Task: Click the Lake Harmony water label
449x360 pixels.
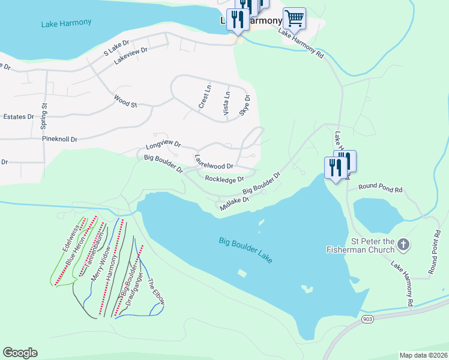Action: [x=66, y=23]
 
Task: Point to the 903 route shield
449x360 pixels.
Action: [x=368, y=320]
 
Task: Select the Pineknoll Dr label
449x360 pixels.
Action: [x=59, y=139]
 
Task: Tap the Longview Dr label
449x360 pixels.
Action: [x=163, y=145]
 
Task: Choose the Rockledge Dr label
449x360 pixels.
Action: [x=224, y=179]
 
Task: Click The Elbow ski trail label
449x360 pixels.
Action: [x=155, y=291]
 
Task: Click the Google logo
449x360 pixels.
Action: [x=20, y=353]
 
